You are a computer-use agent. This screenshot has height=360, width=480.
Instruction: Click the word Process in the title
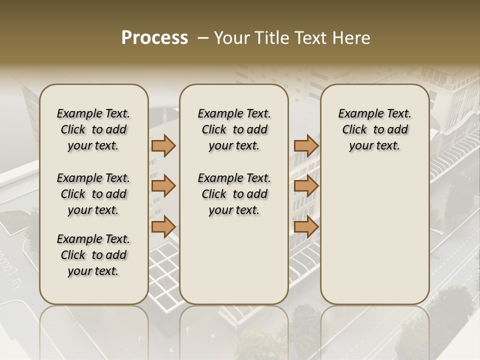(x=154, y=38)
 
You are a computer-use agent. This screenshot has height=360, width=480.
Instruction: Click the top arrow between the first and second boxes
(x=163, y=145)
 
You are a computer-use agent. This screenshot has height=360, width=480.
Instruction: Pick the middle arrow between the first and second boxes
(x=163, y=186)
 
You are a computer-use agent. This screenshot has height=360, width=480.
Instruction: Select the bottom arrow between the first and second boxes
(x=163, y=226)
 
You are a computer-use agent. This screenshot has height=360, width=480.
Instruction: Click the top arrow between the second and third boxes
(x=306, y=145)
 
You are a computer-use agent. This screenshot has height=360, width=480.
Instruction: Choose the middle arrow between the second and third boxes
(x=306, y=186)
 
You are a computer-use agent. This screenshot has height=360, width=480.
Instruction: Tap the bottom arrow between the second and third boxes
(x=306, y=226)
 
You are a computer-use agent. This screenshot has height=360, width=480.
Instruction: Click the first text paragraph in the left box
(x=93, y=129)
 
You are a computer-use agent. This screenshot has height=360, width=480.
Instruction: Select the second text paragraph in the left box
(x=93, y=194)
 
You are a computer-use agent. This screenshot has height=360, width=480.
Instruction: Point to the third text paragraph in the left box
(x=93, y=255)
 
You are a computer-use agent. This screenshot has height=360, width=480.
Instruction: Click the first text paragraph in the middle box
(x=234, y=129)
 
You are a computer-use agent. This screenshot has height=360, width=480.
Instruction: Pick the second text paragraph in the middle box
(x=234, y=194)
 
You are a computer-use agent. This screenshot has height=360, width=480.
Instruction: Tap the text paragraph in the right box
(x=374, y=129)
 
